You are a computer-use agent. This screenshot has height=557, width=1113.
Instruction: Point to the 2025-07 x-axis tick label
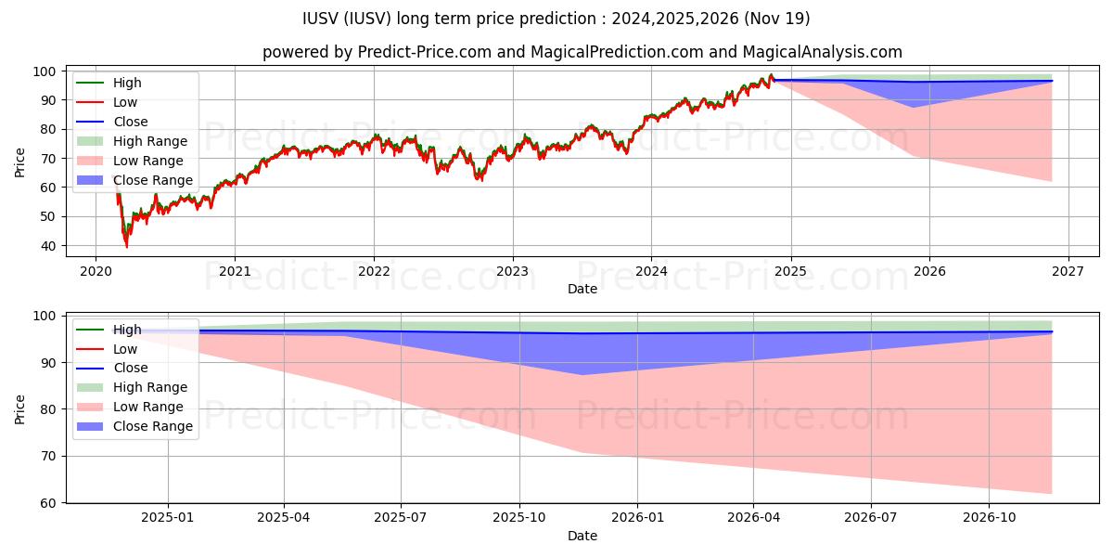click(x=401, y=517)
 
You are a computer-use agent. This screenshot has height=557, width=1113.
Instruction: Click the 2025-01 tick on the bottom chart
click(x=168, y=517)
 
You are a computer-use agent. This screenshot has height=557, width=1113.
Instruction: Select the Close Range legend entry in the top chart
click(x=153, y=180)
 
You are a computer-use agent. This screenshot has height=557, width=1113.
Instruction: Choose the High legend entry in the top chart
click(x=127, y=83)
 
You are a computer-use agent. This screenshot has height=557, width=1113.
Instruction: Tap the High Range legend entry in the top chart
click(x=150, y=141)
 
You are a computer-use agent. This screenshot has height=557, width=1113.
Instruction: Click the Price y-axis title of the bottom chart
click(x=20, y=408)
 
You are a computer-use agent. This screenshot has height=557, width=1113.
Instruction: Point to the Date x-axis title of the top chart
click(x=582, y=289)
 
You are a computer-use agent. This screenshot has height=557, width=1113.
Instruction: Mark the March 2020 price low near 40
click(x=127, y=246)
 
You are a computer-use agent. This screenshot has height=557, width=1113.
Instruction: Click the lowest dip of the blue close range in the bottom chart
click(x=582, y=375)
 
